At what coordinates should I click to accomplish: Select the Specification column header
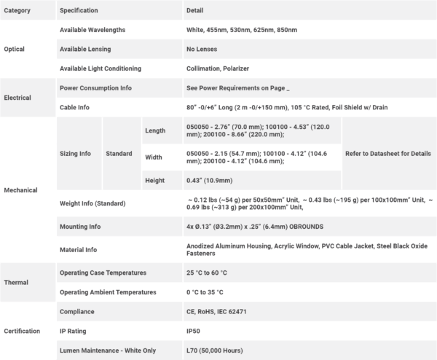[x=79, y=10]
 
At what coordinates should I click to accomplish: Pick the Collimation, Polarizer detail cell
[x=220, y=69]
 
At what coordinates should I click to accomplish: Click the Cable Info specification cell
[x=75, y=107]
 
